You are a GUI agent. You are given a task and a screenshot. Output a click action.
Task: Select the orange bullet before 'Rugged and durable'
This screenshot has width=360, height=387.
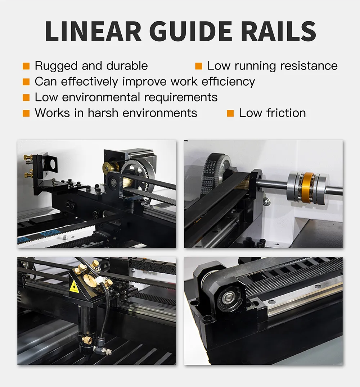(x=26, y=66)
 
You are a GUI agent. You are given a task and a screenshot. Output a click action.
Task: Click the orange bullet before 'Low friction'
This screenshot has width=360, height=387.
(x=230, y=113)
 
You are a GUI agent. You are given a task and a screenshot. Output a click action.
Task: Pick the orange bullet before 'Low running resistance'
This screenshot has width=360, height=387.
(x=198, y=66)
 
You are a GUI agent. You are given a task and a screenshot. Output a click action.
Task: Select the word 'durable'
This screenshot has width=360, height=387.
(x=128, y=66)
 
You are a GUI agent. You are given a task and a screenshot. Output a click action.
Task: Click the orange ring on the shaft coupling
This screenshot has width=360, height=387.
(x=308, y=188)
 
